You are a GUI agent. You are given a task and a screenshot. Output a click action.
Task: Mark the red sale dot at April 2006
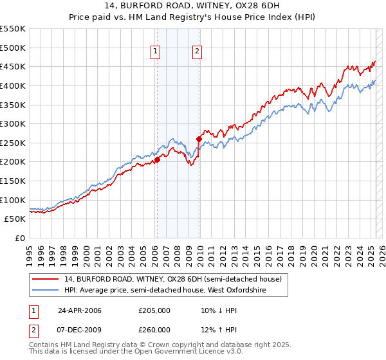tap(157, 160)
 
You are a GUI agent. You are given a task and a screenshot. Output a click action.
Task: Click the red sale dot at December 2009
tap(199, 139)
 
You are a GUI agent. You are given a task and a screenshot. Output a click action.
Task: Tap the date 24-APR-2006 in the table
tap(80, 310)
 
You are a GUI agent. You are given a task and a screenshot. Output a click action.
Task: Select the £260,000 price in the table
tap(154, 330)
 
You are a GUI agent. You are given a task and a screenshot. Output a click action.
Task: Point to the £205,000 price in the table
tap(154, 310)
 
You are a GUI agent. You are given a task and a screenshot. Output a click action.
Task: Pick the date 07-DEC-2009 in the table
tap(80, 330)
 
